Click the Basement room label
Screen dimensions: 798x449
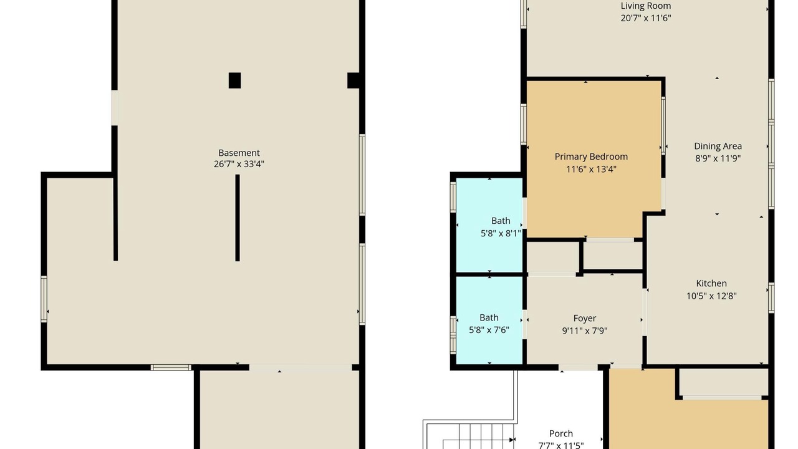point(239,153)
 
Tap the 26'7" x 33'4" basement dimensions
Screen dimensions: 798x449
point(239,164)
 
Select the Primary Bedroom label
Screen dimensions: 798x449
point(591,157)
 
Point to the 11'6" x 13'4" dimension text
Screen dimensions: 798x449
point(591,169)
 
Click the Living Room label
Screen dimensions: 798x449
point(645,6)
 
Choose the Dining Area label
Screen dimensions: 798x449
point(718,146)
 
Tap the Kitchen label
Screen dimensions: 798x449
point(711,283)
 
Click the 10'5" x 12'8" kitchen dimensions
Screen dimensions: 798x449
point(711,296)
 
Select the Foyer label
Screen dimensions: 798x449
point(585,318)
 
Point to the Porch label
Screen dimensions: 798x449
point(560,433)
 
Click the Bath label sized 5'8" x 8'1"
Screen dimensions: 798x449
point(501,221)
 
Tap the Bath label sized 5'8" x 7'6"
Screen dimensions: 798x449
point(489,317)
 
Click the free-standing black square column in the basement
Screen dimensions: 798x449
point(234,80)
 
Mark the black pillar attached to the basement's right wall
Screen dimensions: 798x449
point(353,80)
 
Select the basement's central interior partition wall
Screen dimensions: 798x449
point(238,218)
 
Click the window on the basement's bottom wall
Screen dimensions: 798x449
point(171,367)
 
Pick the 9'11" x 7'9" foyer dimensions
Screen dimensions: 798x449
point(585,331)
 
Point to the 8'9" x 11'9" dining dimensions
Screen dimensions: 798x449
point(718,158)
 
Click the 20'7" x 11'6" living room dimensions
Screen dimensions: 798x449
point(645,18)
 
